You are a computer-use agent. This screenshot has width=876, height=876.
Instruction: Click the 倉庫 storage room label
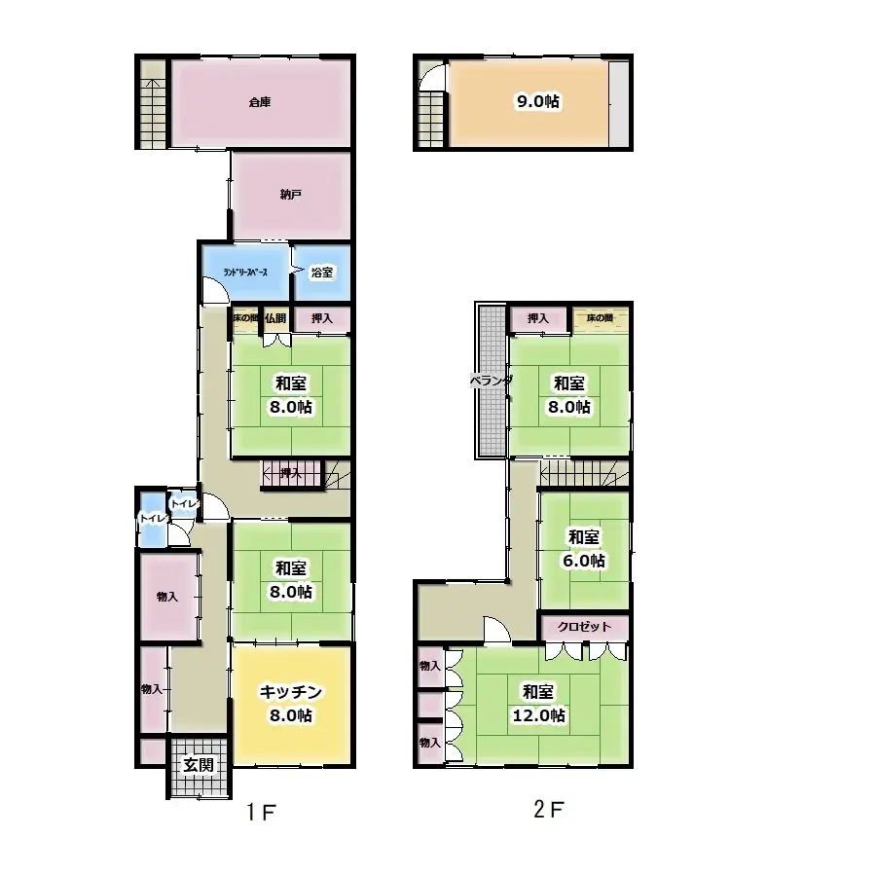[x=259, y=101]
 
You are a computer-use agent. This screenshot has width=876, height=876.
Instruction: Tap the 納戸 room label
[x=290, y=195]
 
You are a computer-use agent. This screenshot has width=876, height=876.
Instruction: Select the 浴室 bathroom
[x=321, y=273]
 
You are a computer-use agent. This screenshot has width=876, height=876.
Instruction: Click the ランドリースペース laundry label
[x=245, y=273]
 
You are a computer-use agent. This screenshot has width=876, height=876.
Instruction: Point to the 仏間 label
[x=274, y=318]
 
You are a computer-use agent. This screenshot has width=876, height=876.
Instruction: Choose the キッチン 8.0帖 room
[x=289, y=703]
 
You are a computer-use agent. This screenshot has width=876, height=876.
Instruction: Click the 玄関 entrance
[x=199, y=764]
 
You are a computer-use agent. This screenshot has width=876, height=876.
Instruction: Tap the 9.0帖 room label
[x=537, y=101]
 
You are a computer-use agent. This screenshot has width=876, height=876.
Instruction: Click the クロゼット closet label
[x=585, y=627]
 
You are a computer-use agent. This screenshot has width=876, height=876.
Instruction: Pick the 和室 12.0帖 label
[x=538, y=703]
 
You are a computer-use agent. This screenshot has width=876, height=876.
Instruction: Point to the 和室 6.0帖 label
[x=584, y=548]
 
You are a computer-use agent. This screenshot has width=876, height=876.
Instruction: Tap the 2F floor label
[x=548, y=808]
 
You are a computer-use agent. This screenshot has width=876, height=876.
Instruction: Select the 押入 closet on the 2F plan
[x=538, y=318]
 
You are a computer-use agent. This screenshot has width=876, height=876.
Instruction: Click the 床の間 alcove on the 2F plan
[x=600, y=318]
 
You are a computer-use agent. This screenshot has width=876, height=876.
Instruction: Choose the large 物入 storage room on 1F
[x=168, y=596]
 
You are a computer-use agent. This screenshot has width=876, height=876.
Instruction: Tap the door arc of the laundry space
[x=212, y=290]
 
